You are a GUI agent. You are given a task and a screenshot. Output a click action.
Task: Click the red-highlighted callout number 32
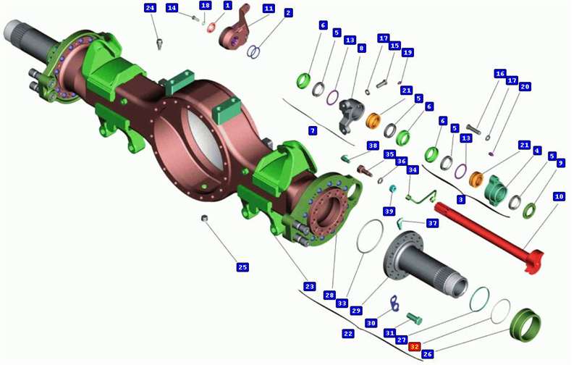(x=414, y=346)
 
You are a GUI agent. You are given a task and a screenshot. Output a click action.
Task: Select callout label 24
(x=151, y=8)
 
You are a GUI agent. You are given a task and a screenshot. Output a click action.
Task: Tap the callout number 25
(x=242, y=267)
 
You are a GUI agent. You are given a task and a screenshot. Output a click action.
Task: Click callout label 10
(x=559, y=196)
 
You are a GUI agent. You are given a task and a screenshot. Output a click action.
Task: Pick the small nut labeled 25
(x=203, y=218)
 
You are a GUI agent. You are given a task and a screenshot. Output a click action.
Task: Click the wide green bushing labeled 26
(x=525, y=324)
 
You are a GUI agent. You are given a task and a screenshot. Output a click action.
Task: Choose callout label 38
(x=373, y=146)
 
